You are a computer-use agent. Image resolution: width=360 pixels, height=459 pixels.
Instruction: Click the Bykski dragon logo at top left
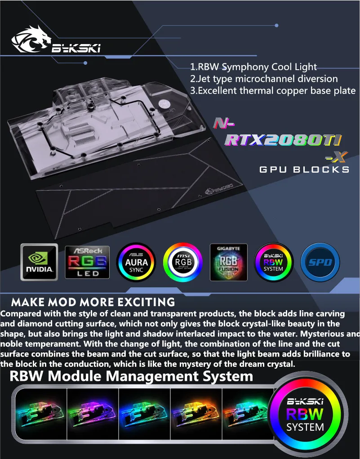click(x=56, y=40)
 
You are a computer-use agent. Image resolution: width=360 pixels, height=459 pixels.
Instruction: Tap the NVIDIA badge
click(x=39, y=262)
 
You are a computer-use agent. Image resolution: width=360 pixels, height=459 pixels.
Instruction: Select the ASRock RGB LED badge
click(x=87, y=262)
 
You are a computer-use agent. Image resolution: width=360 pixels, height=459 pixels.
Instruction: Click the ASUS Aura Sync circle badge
click(x=136, y=262)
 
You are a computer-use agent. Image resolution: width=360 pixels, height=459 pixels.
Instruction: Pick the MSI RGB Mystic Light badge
click(x=183, y=262)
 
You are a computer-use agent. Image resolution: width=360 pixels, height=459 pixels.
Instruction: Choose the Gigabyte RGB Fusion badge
click(x=229, y=262)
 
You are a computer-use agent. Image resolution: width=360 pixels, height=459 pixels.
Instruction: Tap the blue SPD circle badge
click(x=320, y=262)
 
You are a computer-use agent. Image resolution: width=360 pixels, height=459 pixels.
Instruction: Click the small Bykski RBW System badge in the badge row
click(x=273, y=262)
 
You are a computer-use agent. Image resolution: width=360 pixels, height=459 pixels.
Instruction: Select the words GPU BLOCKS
click(x=304, y=169)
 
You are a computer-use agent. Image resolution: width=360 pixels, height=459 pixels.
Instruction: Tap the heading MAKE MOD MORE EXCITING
click(x=93, y=302)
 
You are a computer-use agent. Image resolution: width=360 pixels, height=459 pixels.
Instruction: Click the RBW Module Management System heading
click(x=131, y=376)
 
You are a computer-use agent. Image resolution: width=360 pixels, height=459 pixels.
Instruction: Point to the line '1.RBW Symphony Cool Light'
click(x=253, y=67)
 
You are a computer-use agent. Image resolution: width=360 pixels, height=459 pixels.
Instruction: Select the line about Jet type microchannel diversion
click(x=264, y=79)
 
